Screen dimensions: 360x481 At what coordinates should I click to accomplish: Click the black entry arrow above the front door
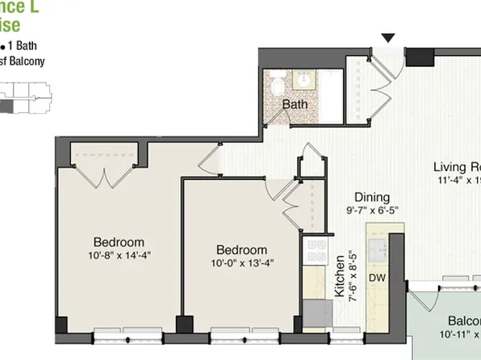389,38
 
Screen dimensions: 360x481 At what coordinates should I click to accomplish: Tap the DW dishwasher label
377,278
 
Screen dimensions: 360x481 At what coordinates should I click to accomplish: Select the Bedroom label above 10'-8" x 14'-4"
119,242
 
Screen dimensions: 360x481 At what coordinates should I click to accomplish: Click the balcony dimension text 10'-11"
457,333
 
